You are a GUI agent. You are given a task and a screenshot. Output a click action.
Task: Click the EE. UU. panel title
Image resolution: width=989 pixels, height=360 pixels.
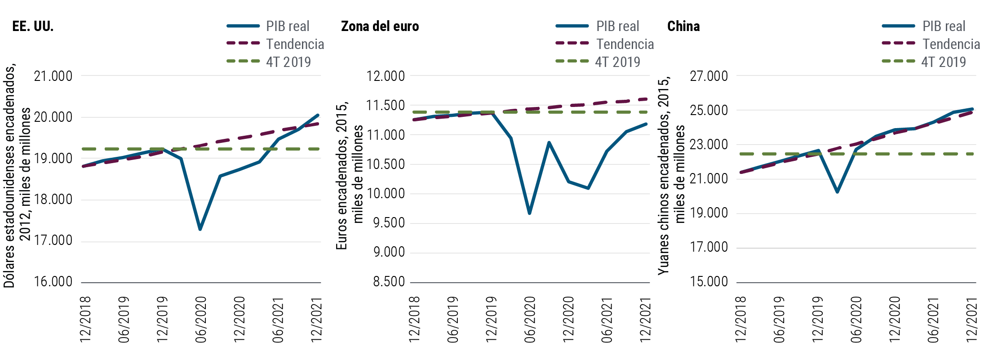point(33,27)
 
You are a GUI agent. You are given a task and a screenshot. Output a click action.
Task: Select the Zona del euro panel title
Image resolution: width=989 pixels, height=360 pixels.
point(380,27)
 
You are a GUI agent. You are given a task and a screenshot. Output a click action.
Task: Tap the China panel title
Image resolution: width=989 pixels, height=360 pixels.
point(683,27)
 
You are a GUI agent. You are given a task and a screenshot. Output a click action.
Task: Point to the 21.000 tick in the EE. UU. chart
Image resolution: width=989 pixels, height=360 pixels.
point(53,76)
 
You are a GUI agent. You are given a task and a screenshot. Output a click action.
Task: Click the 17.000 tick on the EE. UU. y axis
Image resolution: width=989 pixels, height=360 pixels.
point(53,241)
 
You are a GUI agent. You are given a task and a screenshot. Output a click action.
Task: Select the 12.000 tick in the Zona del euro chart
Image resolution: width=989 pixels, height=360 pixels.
point(385,76)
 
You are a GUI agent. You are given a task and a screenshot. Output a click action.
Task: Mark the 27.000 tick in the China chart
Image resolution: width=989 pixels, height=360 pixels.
point(709,76)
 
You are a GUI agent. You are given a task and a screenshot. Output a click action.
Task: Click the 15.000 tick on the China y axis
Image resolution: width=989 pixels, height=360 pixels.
point(709,282)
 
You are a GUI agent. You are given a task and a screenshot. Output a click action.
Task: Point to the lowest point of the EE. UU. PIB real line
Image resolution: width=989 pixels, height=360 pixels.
point(200,229)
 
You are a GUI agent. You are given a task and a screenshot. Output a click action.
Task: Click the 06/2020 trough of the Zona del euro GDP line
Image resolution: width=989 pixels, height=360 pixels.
point(529,213)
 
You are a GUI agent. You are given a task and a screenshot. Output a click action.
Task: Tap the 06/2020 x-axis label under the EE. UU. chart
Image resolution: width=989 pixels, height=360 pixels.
point(200,320)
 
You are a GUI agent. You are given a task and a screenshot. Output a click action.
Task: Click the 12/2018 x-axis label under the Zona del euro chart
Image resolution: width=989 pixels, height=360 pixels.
point(414,320)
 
